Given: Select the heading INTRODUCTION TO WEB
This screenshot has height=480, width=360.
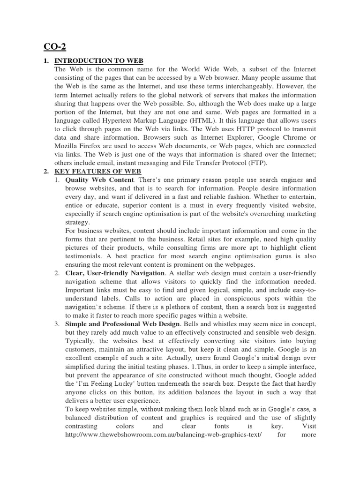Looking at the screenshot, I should click(99, 61).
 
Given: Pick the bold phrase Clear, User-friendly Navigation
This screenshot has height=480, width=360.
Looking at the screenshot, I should click(115, 273).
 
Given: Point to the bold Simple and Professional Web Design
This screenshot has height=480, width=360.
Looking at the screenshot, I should click(122, 324).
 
